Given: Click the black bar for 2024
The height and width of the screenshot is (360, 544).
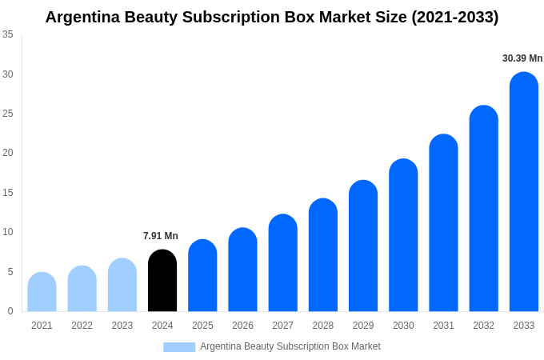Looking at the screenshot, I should [x=162, y=281].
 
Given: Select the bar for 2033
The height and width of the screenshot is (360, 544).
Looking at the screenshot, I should [x=524, y=192].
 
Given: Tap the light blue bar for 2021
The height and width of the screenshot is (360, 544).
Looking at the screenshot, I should [x=42, y=292].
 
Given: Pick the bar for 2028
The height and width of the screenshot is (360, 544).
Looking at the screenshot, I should [x=323, y=255].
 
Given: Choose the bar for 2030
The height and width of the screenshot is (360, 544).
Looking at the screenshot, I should [x=403, y=235].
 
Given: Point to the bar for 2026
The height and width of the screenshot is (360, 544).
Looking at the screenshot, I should [x=242, y=270].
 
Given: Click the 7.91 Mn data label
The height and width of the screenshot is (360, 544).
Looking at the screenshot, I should [x=161, y=236].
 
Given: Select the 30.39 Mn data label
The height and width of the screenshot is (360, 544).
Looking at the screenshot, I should [x=522, y=58].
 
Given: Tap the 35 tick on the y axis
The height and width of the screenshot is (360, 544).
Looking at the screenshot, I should [x=8, y=34].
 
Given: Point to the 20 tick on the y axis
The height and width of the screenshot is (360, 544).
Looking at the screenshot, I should [x=8, y=153].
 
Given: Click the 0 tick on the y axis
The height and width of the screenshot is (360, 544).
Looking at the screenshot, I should [x=10, y=311].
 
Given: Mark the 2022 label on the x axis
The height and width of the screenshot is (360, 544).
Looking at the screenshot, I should [x=82, y=326].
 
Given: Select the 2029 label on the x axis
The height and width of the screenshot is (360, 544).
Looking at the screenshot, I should [x=363, y=326].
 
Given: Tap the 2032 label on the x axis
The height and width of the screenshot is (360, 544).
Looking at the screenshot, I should [x=483, y=326].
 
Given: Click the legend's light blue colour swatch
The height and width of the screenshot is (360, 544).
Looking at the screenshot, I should [x=179, y=347].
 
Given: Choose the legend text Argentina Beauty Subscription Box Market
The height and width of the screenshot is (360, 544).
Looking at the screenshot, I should [x=290, y=346].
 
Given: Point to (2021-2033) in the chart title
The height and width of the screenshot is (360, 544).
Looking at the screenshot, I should [x=455, y=17].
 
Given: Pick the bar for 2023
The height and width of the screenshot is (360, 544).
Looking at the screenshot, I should [x=122, y=285].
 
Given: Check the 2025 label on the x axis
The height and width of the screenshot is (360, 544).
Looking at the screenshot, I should [x=202, y=326].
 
